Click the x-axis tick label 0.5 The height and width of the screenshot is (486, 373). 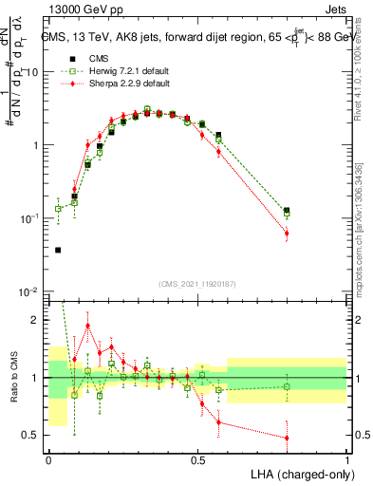(x=197, y=458)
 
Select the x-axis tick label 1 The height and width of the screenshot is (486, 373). (x=347, y=458)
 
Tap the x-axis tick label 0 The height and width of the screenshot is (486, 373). (x=48, y=458)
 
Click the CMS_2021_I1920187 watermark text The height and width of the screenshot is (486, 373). (x=196, y=283)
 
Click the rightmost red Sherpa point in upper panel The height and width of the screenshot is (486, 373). (x=287, y=233)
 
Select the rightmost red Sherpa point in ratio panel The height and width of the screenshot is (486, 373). (x=287, y=438)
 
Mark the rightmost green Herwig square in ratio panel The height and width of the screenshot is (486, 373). (x=287, y=386)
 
